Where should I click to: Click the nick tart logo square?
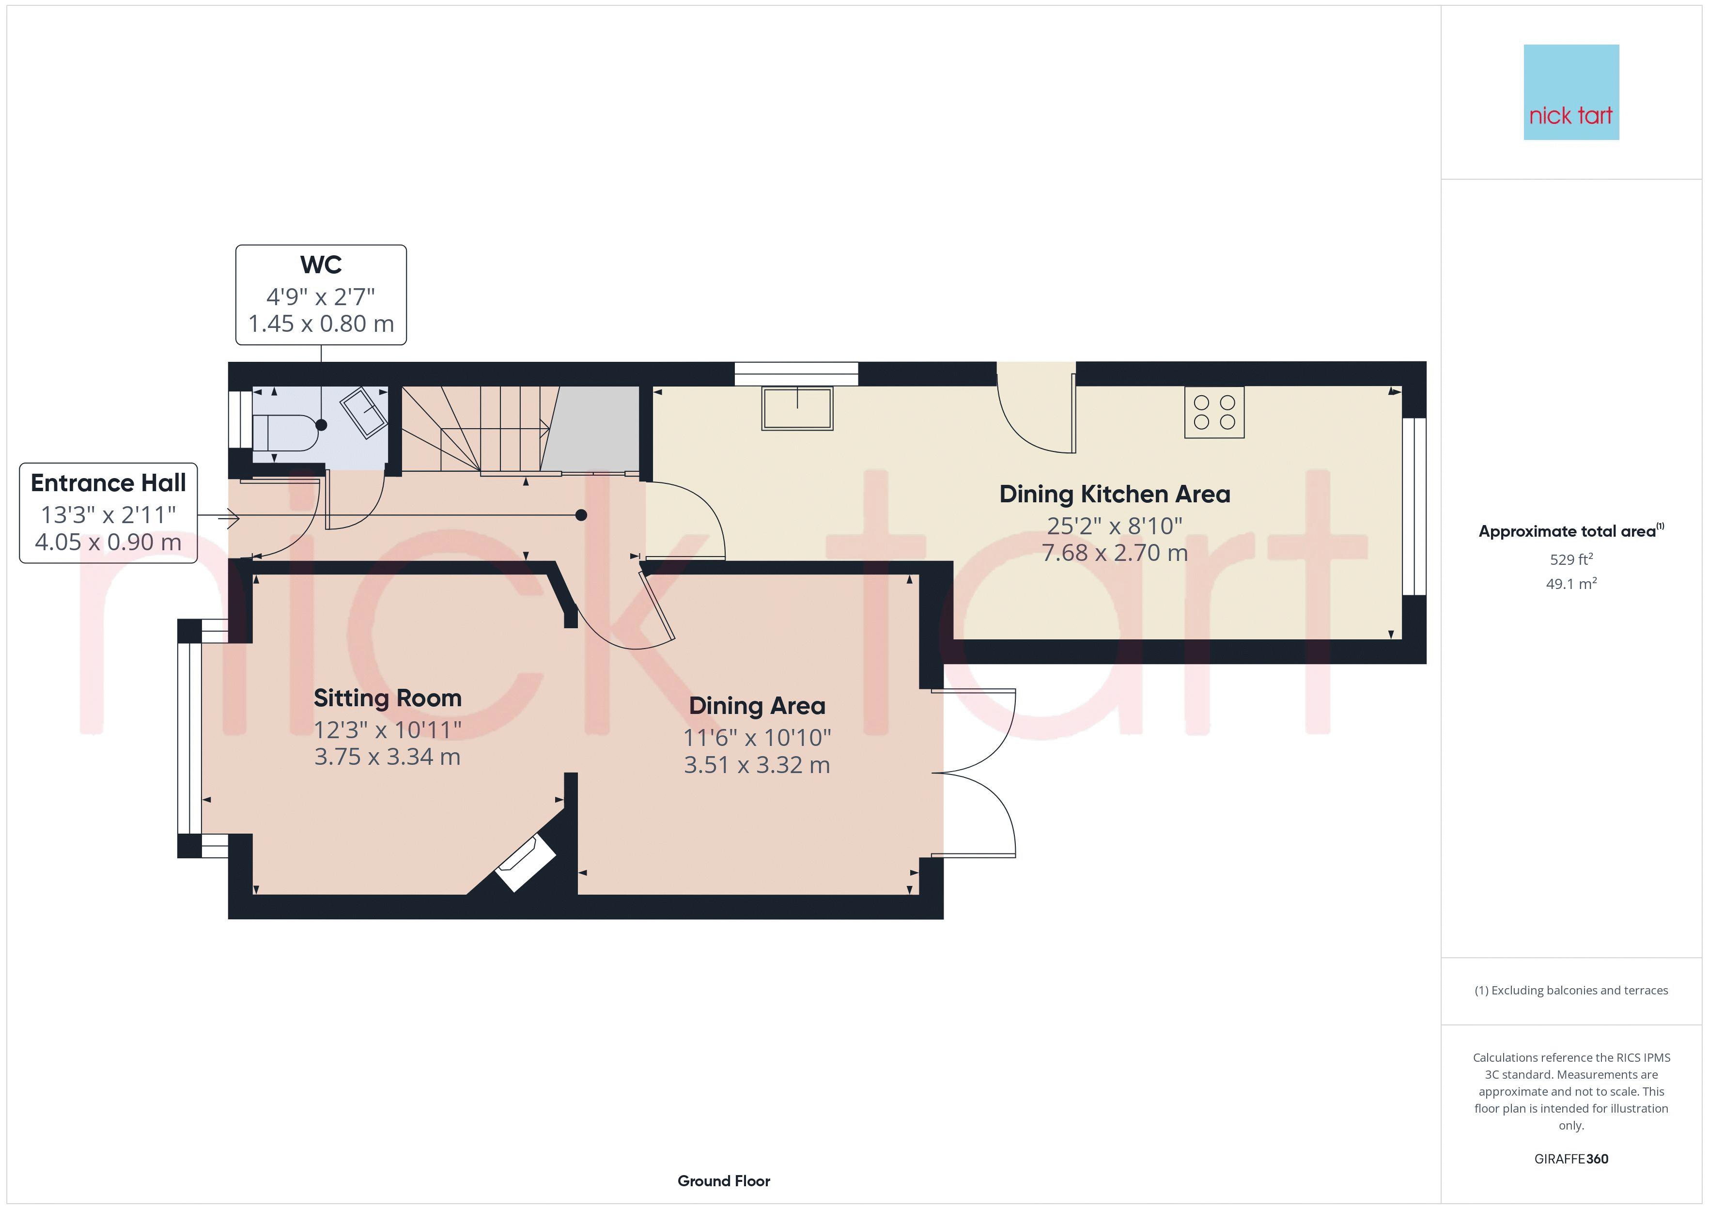pyautogui.click(x=1571, y=93)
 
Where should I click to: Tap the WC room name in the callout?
pyautogui.click(x=321, y=265)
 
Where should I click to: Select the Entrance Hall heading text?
pyautogui.click(x=108, y=483)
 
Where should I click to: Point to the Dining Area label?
pyautogui.click(x=757, y=706)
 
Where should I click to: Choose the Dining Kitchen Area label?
pyautogui.click(x=1114, y=495)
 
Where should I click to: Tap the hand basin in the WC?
pyautogui.click(x=364, y=412)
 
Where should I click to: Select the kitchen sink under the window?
pyautogui.click(x=797, y=409)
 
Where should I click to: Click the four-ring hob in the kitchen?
pyautogui.click(x=1214, y=412)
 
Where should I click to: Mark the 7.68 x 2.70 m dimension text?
pyautogui.click(x=1114, y=553)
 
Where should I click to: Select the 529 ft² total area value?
pyautogui.click(x=1571, y=559)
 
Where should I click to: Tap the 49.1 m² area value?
pyautogui.click(x=1571, y=584)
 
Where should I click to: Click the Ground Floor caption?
pyautogui.click(x=724, y=1181)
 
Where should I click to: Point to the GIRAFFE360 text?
pyautogui.click(x=1571, y=1159)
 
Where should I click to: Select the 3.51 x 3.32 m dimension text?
pyautogui.click(x=757, y=765)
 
